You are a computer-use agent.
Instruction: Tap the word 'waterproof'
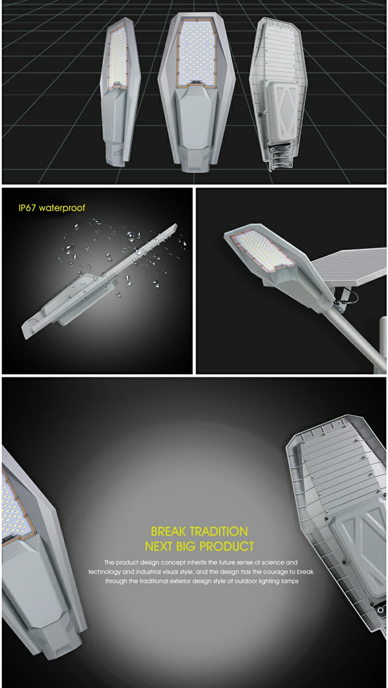tap(62, 208)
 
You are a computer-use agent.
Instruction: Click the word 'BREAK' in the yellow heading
tap(168, 532)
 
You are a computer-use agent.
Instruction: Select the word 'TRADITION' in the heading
tap(219, 532)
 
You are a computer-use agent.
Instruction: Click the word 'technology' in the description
tap(104, 572)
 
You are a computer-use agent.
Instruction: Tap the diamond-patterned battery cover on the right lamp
tap(282, 112)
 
